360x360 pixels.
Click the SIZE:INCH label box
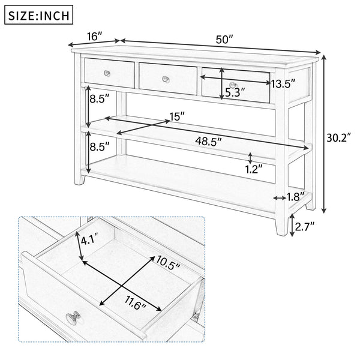point(38,14)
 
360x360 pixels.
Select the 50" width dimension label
point(224,40)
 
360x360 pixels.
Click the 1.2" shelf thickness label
point(254,169)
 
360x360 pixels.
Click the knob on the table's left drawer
point(107,73)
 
